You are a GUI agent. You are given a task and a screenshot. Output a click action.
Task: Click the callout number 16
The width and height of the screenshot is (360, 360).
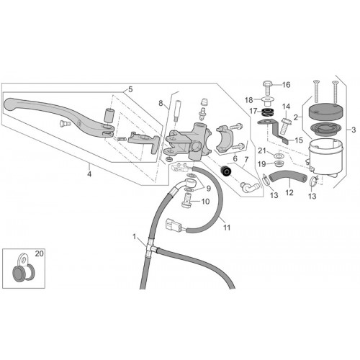point(287,85)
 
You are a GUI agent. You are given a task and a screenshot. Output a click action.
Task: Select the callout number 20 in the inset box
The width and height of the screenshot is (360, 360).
point(40,253)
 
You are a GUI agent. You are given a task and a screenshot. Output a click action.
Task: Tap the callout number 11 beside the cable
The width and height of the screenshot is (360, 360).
point(227,228)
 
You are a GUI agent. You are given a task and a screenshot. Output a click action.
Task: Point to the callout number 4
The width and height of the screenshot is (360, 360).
point(89,174)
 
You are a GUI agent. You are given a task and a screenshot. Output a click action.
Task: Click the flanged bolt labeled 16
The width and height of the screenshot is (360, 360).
point(268,88)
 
